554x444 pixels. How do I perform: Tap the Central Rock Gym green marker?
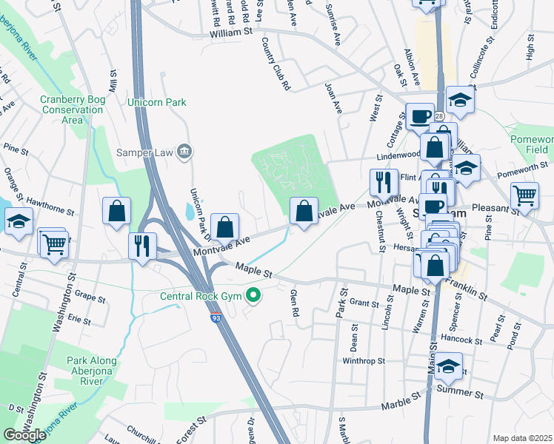pos(254,297)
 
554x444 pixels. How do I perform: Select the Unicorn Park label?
pos(157,102)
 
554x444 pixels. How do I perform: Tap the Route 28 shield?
pos(438,117)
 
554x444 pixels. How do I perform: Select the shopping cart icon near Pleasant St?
pos(524,196)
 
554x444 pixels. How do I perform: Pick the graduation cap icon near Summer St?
pos(448,366)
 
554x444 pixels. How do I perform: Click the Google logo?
pos(24,435)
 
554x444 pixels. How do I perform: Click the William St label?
pos(231,33)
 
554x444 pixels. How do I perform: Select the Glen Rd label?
pos(295,303)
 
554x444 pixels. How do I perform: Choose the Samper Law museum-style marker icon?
pos(184,152)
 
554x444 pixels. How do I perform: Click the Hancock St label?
pos(461,340)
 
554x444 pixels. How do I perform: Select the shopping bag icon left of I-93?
pos(117,211)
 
